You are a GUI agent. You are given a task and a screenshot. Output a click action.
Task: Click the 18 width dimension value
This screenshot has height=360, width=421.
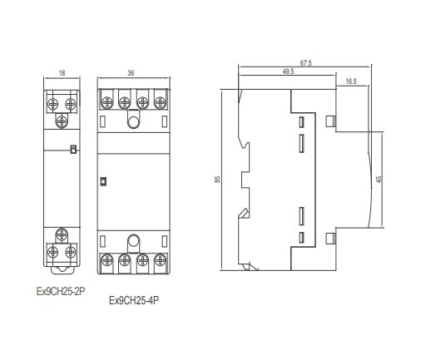62,73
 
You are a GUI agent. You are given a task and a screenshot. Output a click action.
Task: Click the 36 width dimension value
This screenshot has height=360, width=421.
131,73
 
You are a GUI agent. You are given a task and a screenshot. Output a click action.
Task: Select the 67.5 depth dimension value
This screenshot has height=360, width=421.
305,63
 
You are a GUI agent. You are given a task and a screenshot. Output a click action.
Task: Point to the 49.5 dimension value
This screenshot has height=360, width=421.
288,72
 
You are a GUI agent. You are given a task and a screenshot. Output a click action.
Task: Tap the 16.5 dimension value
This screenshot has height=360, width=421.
351,81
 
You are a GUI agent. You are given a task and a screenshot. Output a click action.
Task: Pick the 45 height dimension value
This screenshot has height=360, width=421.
379,180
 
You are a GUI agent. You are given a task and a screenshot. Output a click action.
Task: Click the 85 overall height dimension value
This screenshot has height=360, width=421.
217,180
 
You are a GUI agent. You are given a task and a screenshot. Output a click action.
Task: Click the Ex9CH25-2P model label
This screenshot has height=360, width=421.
61,292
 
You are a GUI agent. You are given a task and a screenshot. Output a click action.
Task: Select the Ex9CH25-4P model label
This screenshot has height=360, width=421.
134,300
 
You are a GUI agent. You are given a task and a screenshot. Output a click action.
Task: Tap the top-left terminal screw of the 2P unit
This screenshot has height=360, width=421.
52,104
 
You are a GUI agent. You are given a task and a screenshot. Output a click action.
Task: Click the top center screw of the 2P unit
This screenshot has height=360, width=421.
62,121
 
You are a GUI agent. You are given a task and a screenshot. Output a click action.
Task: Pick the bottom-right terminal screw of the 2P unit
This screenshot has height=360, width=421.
71,252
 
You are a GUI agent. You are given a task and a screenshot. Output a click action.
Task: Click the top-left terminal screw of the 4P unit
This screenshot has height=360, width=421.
106,102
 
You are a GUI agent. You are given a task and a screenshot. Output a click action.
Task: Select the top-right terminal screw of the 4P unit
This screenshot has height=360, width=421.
160,102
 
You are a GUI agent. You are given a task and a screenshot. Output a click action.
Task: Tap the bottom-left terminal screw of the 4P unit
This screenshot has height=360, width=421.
106,260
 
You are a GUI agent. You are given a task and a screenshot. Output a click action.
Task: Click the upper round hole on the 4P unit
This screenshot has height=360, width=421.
133,122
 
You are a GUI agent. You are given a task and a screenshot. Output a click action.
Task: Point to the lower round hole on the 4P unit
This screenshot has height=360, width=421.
133,241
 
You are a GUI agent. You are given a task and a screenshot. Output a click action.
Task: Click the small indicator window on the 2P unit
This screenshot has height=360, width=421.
73,149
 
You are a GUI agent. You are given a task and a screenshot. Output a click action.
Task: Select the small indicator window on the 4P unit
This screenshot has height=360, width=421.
103,181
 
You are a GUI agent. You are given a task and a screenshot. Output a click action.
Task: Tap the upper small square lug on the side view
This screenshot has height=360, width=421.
329,121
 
